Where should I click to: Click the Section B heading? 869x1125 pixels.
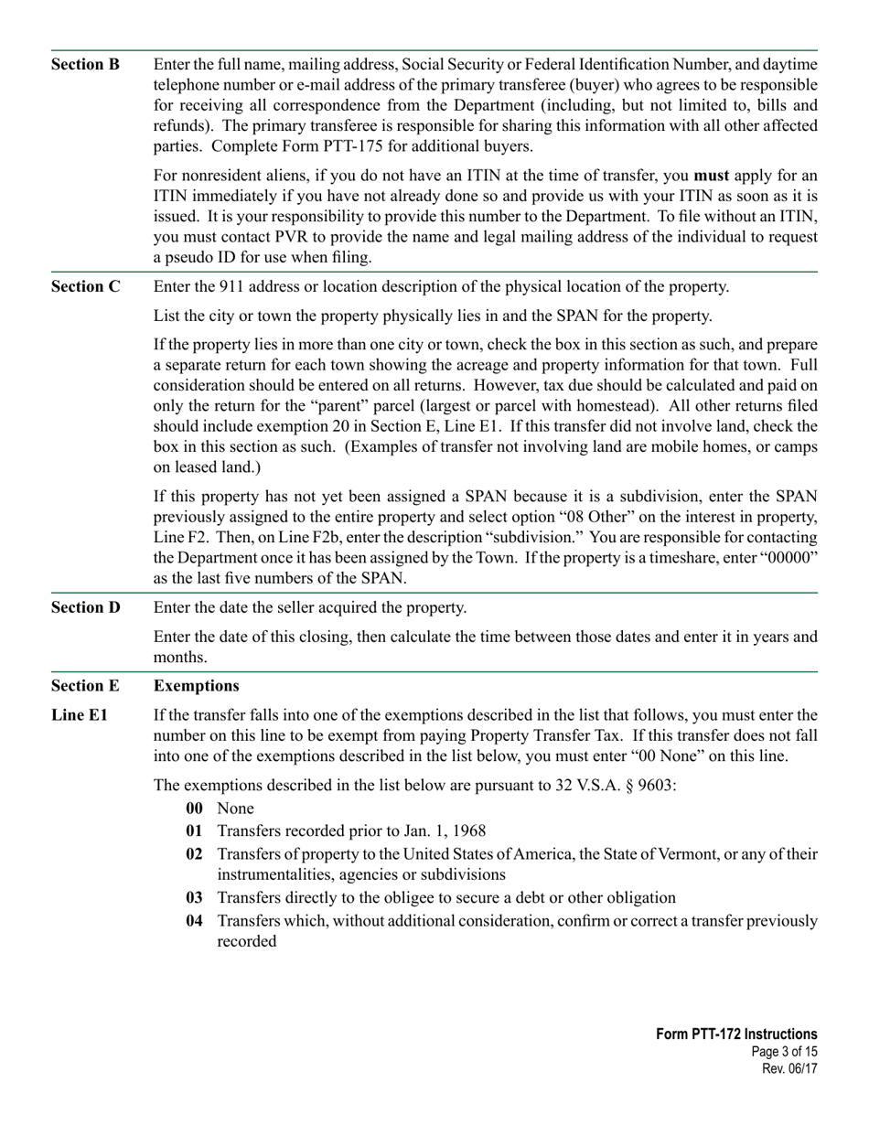pyautogui.click(x=85, y=64)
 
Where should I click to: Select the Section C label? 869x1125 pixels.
pyautogui.click(x=85, y=286)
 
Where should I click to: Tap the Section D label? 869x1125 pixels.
pyautogui.click(x=85, y=607)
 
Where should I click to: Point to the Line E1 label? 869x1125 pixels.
pyautogui.click(x=79, y=715)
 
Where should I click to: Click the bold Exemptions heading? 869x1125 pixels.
pyautogui.click(x=196, y=686)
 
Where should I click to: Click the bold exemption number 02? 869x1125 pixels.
pyautogui.click(x=194, y=853)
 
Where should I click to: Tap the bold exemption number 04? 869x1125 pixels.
pyautogui.click(x=194, y=921)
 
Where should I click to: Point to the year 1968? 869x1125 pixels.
pyautogui.click(x=465, y=831)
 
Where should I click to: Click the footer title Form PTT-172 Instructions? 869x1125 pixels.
pyautogui.click(x=736, y=1034)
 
